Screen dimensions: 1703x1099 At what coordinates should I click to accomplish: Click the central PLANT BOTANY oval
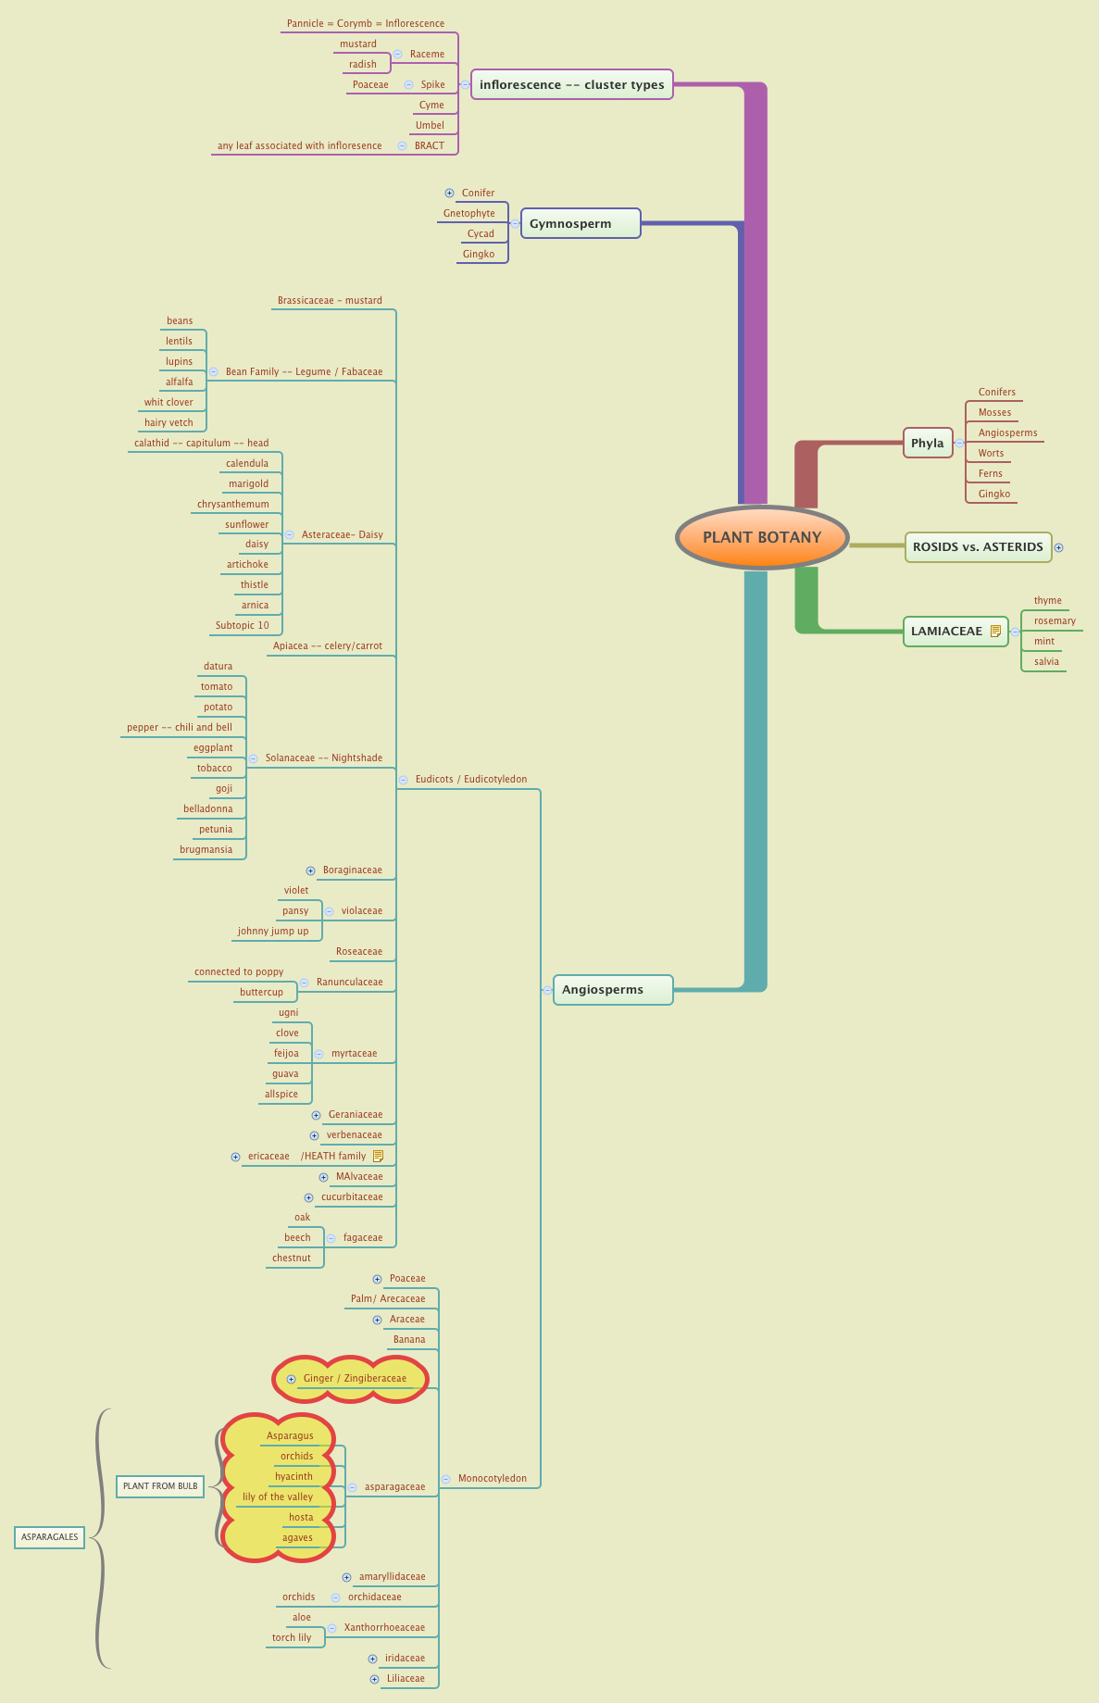coord(762,538)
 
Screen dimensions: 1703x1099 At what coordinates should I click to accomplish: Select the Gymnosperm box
coord(581,223)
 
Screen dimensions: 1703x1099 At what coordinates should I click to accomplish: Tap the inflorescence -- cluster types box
coord(571,84)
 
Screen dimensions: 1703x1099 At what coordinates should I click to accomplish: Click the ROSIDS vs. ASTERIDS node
coord(978,547)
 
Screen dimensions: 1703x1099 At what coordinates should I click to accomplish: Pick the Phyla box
coord(928,443)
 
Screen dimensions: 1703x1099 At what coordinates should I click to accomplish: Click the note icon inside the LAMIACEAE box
coord(995,632)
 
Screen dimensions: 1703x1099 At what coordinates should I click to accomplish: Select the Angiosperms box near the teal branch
coord(612,990)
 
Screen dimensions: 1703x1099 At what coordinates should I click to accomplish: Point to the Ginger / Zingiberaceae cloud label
coord(355,1378)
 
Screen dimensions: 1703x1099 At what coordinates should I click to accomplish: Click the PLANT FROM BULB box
coord(160,1485)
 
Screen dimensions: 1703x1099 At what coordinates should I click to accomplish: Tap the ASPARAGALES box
coord(50,1536)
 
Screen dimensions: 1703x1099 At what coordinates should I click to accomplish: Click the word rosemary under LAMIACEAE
coord(1055,621)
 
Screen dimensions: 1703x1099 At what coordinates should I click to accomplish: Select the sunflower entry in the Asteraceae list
coord(246,524)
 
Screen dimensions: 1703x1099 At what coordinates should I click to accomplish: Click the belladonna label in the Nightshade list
coord(208,808)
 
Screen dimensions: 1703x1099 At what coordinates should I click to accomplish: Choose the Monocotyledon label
coord(492,1478)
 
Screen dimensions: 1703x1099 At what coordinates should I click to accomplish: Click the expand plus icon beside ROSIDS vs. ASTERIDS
coord(1059,547)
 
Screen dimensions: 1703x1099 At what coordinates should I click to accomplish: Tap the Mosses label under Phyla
coord(994,413)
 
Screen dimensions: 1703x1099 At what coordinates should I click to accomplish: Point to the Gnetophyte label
coord(468,213)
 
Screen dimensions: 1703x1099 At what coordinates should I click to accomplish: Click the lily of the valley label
coord(278,1496)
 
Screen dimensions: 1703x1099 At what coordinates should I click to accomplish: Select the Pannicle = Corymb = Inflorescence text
coord(366,23)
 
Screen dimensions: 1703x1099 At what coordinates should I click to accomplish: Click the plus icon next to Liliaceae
coord(374,1679)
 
